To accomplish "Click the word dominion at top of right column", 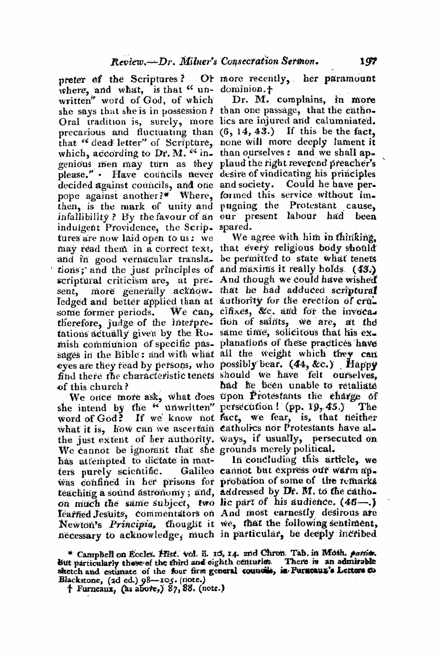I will (239, 88).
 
